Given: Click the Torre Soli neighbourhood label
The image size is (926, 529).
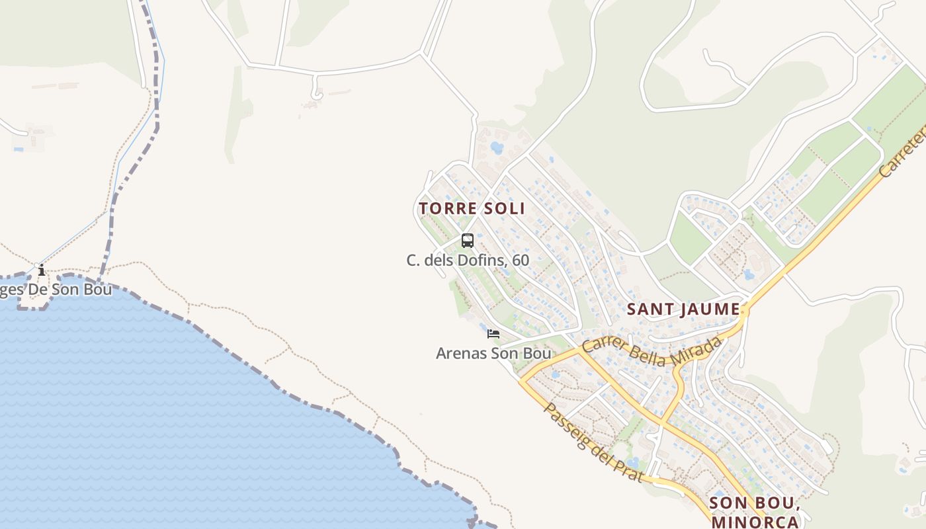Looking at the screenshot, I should [x=472, y=208].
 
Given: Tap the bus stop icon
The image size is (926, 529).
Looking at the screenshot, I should [x=468, y=240].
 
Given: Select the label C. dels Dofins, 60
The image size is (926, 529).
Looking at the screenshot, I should [x=468, y=261].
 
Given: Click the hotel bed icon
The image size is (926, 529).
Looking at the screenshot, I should [x=493, y=334].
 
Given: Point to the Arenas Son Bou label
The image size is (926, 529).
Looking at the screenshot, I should [x=493, y=354].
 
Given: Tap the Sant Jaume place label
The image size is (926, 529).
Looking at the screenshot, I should [x=683, y=309].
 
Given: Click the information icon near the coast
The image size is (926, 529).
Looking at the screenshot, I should [x=42, y=270].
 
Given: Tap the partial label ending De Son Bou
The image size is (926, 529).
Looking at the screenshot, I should [x=56, y=290].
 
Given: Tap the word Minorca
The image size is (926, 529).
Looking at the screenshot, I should [x=755, y=522].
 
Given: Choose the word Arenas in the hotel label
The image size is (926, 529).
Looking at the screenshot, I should [x=461, y=354].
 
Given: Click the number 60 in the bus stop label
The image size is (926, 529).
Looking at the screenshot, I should [x=521, y=261].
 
